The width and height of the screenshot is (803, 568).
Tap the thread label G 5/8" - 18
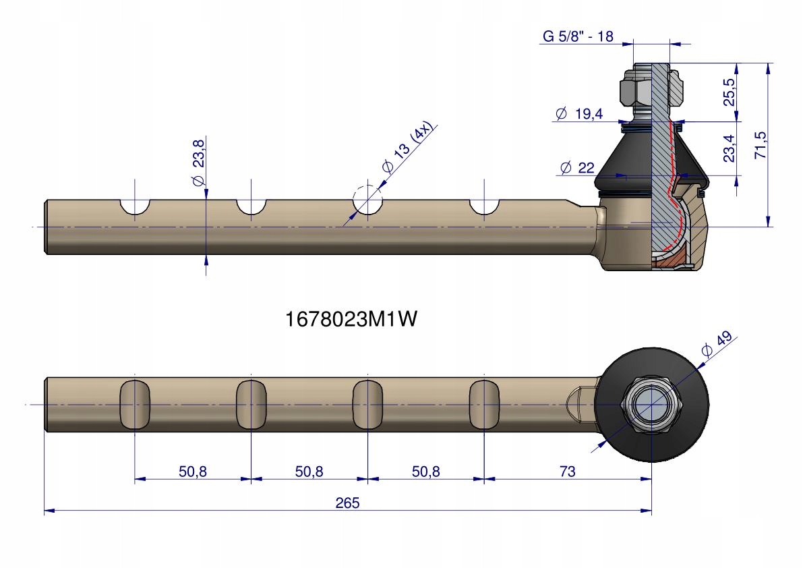coord(577,36)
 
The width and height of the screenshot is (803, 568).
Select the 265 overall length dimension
coord(349,503)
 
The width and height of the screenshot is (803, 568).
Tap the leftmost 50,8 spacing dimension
coord(193,472)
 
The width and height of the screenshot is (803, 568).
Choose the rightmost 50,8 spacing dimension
coord(425,472)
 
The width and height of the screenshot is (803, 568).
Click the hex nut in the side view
coord(634,90)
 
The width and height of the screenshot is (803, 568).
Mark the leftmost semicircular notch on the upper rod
coord(135,206)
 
